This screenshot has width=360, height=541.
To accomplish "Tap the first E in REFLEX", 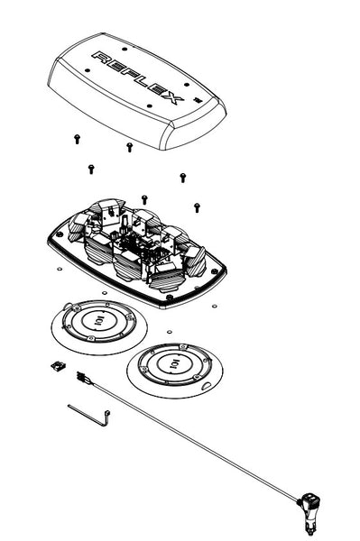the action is click(117, 67).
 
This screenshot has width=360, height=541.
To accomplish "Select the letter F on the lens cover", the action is click(132, 74).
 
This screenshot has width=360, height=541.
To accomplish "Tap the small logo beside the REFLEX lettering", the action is click(198, 100).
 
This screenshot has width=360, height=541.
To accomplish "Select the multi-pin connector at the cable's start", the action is click(81, 376).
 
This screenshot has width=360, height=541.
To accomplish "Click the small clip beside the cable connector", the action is click(59, 366).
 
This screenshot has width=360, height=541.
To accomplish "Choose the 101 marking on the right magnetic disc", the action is click(175, 365).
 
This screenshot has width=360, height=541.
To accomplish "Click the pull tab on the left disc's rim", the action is click(68, 305).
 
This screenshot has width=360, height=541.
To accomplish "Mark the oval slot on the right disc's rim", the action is click(208, 385).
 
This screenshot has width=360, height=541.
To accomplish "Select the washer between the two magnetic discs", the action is click(170, 332).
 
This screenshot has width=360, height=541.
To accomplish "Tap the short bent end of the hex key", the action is click(106, 417).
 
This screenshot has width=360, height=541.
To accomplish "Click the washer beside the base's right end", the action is click(215, 306).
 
